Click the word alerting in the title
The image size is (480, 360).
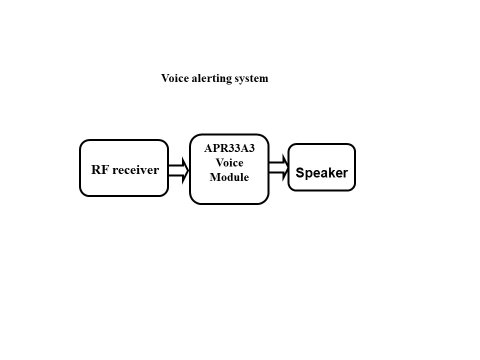pos(205,78)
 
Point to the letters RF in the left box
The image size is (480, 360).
pos(99,170)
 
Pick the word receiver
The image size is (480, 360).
pos(135,170)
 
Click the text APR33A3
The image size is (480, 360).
pos(229,148)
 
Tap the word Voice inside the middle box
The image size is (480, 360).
pos(229,162)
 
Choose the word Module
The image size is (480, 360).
pos(229,177)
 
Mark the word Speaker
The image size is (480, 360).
pos(321,173)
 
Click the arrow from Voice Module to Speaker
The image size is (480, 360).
pos(278,167)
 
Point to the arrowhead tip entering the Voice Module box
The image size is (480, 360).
pos(188,170)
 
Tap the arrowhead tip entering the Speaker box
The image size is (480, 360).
pos(288,167)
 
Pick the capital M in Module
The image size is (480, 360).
pos(214,177)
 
